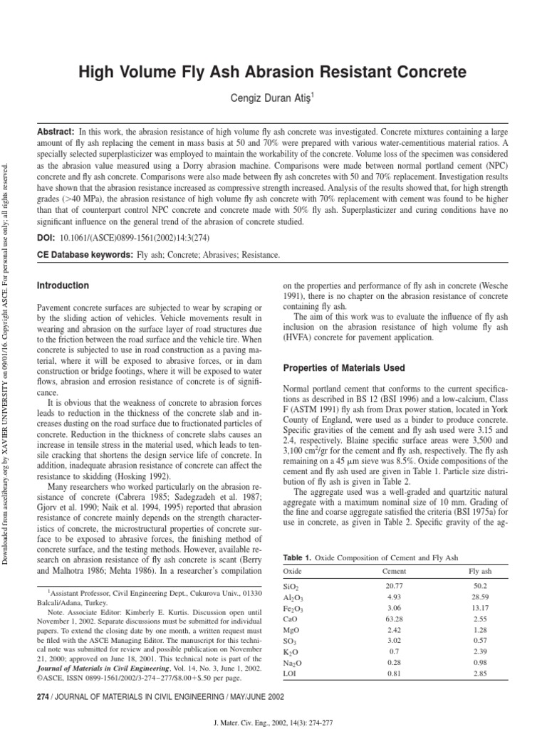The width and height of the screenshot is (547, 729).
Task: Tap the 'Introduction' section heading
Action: (63, 285)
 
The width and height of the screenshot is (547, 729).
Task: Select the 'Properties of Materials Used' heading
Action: (344, 368)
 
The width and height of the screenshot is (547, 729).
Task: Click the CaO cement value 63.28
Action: (394, 619)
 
